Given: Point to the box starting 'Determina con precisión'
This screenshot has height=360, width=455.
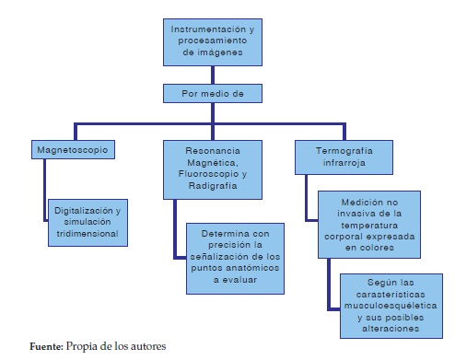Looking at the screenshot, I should click(235, 254).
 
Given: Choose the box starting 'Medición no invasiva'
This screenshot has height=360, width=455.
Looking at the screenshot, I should click(367, 221).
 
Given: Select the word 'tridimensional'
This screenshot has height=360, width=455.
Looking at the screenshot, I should click(87, 233).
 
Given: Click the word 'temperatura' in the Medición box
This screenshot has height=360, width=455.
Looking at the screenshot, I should click(367, 222).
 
